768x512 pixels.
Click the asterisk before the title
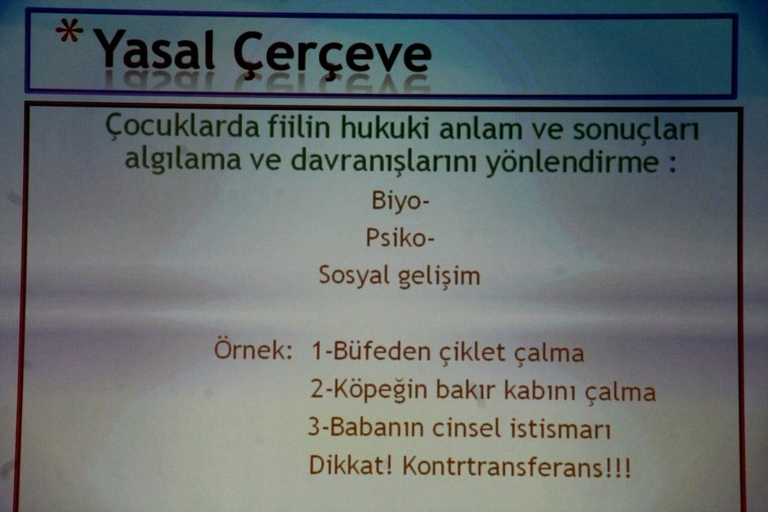point(69,35)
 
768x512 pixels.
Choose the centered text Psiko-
point(400,239)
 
